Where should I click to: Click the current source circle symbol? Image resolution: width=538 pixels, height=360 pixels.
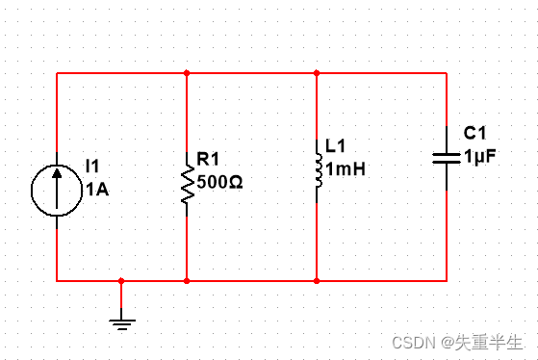click(32, 191)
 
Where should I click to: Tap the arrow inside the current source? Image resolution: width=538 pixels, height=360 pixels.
click(57, 188)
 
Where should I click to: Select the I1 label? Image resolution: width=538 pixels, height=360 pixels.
click(92, 167)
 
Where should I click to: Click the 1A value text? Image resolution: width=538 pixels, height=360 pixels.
click(97, 190)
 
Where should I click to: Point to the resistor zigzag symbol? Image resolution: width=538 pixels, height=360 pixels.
click(188, 184)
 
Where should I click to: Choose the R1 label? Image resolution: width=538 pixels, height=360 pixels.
click(208, 159)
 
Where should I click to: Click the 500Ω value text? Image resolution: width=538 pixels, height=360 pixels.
click(220, 182)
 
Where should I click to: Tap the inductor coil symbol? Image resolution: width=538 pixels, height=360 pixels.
click(319, 170)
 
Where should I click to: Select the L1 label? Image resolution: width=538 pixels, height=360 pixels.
click(335, 146)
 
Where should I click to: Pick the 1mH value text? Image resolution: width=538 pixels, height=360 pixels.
click(346, 169)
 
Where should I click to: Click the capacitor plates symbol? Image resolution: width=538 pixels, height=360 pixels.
click(447, 158)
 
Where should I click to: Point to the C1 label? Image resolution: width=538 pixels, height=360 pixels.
click(474, 133)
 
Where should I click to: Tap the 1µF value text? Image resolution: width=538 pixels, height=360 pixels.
click(480, 156)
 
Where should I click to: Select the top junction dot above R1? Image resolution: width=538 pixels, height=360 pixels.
click(187, 73)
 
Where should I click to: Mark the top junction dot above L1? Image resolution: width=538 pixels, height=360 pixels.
click(317, 73)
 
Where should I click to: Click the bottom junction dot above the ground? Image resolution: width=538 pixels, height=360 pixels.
click(121, 281)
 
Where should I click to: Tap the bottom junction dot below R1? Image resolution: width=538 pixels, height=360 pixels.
click(187, 281)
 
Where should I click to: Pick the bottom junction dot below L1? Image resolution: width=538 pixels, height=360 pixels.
click(317, 281)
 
